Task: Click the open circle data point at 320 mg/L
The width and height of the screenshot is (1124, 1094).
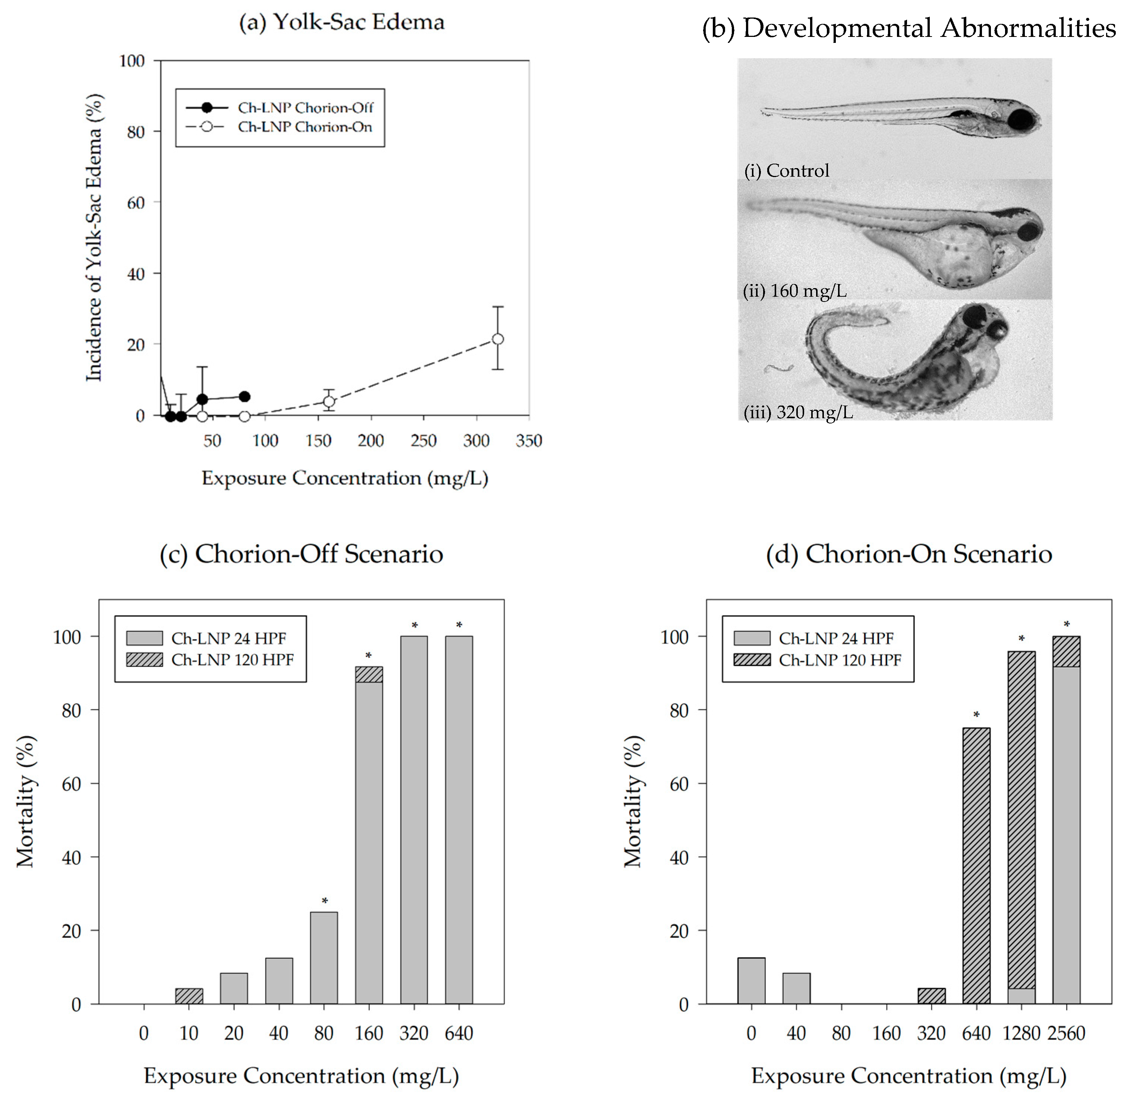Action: pos(498,339)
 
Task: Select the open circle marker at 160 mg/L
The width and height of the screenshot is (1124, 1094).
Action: pos(329,401)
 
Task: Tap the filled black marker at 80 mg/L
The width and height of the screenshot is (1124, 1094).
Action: pos(244,397)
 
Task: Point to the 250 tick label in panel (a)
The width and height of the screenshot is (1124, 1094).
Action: pos(424,441)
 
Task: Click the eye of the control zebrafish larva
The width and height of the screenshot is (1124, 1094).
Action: pos(1021,120)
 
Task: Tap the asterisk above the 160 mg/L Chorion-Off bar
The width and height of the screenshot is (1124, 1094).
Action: pos(368,656)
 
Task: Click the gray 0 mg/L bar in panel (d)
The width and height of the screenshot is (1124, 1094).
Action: pos(751,980)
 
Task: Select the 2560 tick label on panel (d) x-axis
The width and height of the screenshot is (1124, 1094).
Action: pos(1066,1033)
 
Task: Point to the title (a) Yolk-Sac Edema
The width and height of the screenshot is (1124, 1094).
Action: pos(342,22)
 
